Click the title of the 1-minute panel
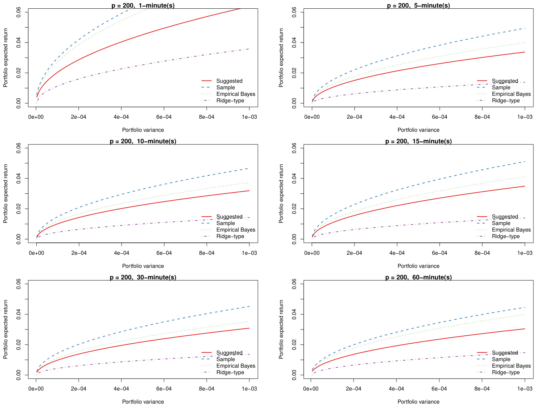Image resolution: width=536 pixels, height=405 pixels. coord(143,5)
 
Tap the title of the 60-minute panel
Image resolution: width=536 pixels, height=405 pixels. coord(418,277)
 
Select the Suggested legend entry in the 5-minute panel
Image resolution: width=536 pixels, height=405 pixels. coord(504,81)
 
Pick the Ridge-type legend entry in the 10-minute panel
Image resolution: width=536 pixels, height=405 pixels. coord(230,236)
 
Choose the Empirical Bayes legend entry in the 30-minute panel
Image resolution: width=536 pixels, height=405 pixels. coord(236,366)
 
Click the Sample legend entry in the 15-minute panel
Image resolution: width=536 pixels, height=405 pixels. coord(501,223)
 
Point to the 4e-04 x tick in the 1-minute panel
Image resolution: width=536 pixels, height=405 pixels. coord(121,117)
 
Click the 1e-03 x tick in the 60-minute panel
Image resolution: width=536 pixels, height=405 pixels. coord(525,389)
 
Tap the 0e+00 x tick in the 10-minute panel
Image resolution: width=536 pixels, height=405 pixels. coord(36,253)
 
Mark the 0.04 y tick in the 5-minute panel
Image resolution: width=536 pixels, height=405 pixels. coord(295,42)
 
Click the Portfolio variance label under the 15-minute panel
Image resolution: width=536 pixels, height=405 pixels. coord(418,266)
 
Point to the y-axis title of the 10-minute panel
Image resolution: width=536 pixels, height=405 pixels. coord(5,193)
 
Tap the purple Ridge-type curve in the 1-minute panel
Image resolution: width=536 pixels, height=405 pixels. coord(145,65)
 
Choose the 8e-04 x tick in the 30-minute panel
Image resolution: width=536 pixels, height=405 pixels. coord(207,389)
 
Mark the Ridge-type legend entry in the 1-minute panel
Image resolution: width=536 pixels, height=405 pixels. coord(230,101)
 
